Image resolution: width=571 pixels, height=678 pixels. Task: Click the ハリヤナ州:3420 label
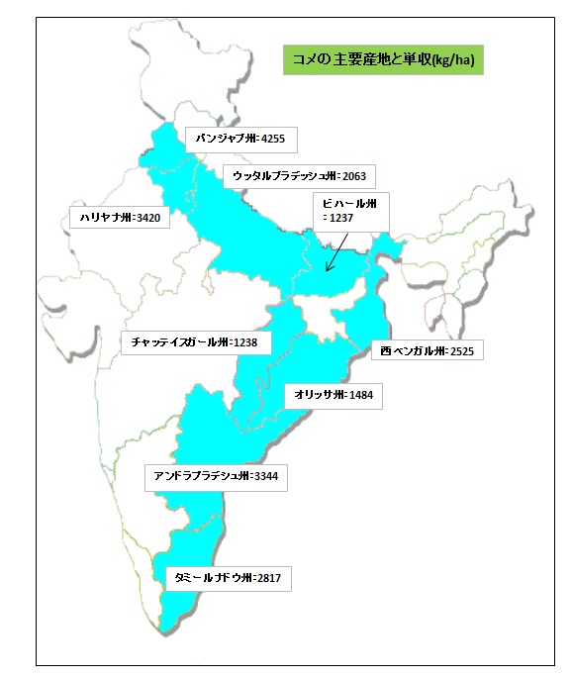[x=116, y=219]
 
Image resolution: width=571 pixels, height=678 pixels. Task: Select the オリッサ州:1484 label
[x=332, y=394]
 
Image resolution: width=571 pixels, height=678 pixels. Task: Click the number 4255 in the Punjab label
[x=274, y=139]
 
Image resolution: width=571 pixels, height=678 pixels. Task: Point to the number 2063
[x=353, y=176]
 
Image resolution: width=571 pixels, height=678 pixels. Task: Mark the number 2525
[x=464, y=350]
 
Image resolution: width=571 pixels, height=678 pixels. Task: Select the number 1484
[x=361, y=394]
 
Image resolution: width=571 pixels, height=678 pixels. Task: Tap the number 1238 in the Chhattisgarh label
[x=246, y=342]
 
